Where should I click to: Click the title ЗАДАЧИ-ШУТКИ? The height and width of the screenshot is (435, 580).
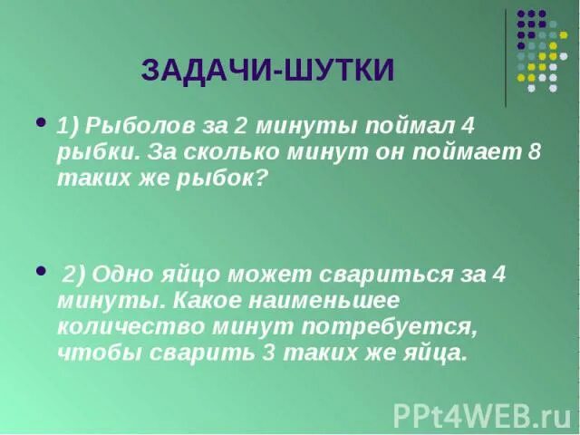point(268,70)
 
